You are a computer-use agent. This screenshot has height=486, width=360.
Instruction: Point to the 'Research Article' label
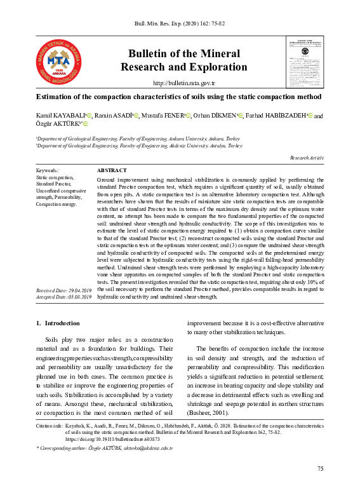click(x=307, y=158)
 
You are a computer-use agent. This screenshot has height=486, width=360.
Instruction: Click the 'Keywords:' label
click(x=48, y=171)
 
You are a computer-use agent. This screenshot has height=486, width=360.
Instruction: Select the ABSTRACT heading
click(x=112, y=171)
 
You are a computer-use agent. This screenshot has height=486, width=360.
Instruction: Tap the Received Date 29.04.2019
click(x=64, y=290)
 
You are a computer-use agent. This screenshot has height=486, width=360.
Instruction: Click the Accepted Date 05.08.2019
click(x=64, y=296)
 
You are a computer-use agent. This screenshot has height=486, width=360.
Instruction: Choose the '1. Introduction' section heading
click(x=58, y=323)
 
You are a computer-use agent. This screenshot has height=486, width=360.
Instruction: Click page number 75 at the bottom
click(x=320, y=468)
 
